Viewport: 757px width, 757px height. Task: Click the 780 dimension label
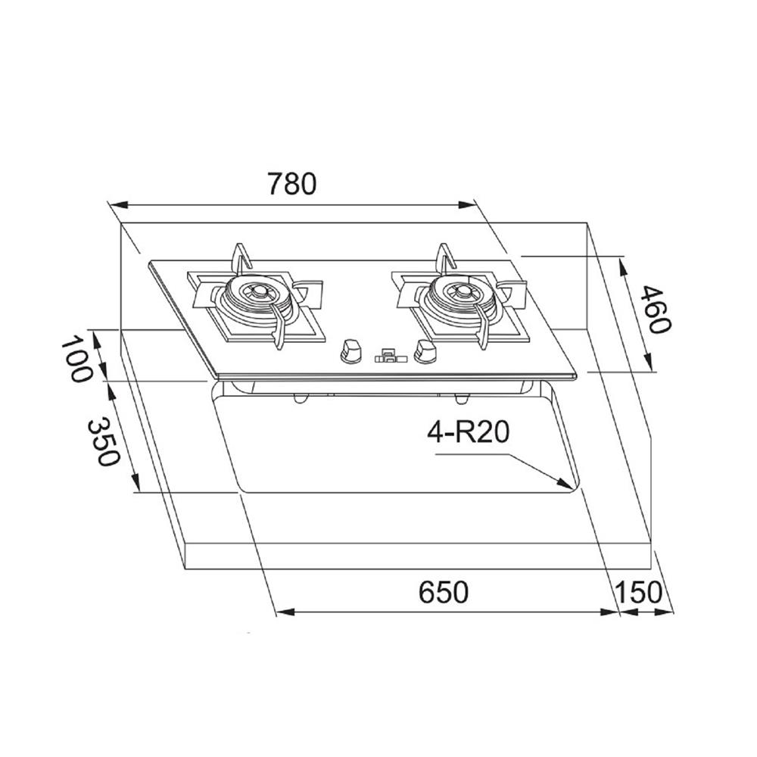pos(291,184)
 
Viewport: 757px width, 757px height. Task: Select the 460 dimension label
pos(653,309)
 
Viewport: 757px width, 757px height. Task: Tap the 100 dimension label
pos(76,360)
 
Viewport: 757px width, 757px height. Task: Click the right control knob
pos(425,350)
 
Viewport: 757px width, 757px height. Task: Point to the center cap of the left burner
pos(262,291)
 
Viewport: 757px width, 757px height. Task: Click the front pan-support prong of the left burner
pos(279,337)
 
